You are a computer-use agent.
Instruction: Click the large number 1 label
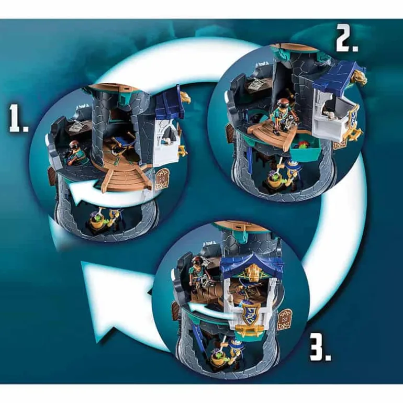click(x=18, y=119)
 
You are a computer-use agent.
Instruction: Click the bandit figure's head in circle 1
click(x=72, y=145)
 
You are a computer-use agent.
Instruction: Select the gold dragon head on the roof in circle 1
click(x=185, y=97)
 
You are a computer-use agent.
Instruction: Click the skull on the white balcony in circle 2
click(x=330, y=114)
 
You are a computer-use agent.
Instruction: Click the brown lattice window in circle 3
click(x=284, y=317)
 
